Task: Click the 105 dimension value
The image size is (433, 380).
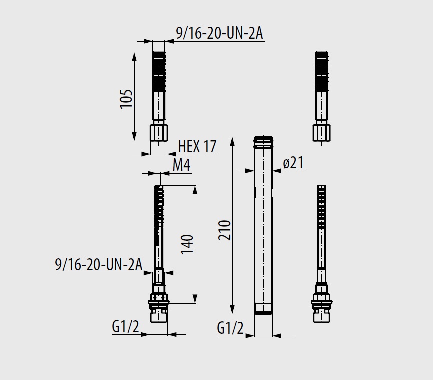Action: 126,99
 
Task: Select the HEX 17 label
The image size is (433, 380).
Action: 197,146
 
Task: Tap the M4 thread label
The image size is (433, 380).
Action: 181,165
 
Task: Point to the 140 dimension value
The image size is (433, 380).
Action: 187,244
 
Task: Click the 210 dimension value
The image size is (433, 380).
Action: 224,230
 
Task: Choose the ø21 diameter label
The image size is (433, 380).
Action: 293,163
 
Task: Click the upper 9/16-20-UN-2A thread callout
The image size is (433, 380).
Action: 220,34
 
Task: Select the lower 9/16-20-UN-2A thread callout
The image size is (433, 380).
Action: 99,265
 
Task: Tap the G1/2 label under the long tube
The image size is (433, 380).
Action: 230,328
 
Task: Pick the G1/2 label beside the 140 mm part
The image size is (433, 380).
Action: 125,327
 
